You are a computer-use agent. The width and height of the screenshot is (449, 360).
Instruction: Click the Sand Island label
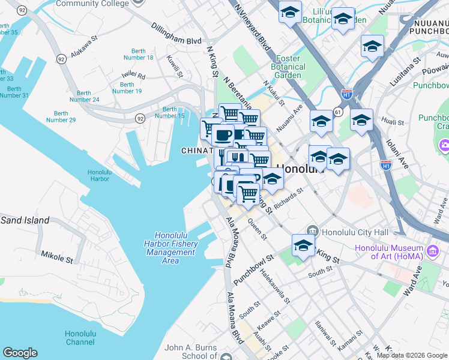25,220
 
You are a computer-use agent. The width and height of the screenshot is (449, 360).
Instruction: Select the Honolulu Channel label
80,338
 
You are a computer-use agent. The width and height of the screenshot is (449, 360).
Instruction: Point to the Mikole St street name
56,258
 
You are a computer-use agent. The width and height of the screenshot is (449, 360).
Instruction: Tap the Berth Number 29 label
61,116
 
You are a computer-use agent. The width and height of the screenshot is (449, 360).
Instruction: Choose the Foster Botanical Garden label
289,67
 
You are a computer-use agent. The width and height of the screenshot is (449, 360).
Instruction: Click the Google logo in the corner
19,353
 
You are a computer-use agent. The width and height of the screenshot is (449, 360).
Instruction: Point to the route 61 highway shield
339,112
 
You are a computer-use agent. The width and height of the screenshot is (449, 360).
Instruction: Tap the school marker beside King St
303,245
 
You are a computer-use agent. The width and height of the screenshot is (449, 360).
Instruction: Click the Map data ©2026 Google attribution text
411,355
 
